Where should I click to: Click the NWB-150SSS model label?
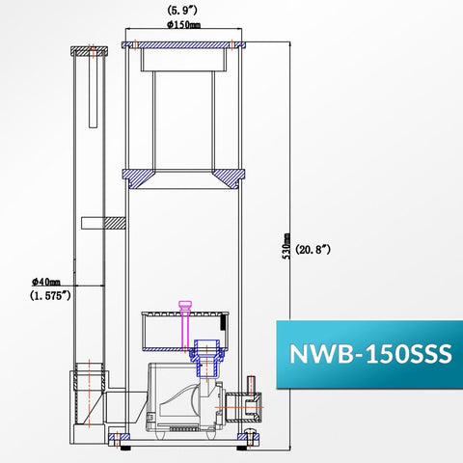click(x=370, y=354)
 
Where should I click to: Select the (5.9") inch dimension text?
click(x=181, y=11)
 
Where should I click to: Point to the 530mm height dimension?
click(x=286, y=246)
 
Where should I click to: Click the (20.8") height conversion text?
click(x=313, y=249)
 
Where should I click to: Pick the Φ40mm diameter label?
click(x=46, y=282)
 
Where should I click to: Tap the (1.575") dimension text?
click(x=50, y=295)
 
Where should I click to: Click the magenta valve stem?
click(x=185, y=325)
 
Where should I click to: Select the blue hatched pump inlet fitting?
click(x=206, y=358)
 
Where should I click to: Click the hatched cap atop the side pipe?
click(x=90, y=51)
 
